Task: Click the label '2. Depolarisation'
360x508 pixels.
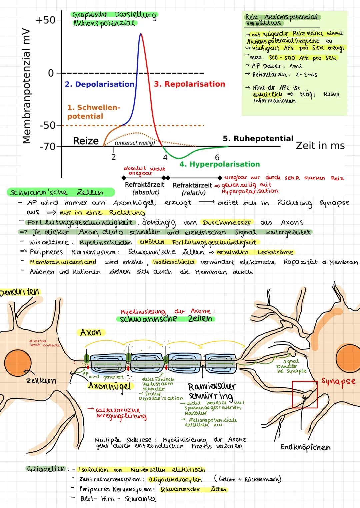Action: [99, 84]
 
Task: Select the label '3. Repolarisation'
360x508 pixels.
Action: [189, 84]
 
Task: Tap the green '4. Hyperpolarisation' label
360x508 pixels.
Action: [219, 164]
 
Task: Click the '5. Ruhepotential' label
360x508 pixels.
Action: [258, 139]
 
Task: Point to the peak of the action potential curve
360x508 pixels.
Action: [141, 34]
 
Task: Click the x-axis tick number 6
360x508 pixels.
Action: [217, 157]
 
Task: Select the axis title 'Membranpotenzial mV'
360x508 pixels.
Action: [27, 86]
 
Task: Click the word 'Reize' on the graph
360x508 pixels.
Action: [86, 141]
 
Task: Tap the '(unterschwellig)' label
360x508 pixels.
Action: [135, 143]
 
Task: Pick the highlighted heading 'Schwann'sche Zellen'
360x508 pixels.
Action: [57, 193]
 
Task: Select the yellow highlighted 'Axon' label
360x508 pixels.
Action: [91, 332]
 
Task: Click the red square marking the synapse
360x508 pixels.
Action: [305, 394]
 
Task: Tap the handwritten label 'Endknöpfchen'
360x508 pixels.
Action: [305, 447]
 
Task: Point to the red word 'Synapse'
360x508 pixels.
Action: [338, 381]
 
